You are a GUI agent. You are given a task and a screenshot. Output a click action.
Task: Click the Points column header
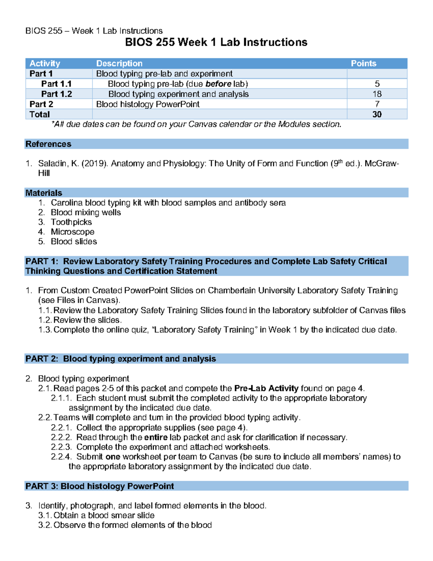(363, 64)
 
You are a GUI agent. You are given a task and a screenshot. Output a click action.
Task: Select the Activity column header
(45, 64)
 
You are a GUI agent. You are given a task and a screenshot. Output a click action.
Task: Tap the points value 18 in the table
(377, 94)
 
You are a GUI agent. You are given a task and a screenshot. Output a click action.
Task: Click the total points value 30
(377, 115)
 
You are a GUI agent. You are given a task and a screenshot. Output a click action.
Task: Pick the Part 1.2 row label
(57, 94)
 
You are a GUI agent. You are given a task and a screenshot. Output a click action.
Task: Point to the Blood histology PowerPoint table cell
(148, 104)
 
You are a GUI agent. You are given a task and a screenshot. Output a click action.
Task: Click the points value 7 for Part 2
(377, 104)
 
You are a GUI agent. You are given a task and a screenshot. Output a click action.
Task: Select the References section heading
(48, 144)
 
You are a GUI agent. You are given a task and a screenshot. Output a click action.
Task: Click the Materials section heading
(44, 193)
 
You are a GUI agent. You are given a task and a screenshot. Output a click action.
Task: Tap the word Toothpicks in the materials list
(71, 222)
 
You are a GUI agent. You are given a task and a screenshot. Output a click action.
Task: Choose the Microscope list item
(73, 232)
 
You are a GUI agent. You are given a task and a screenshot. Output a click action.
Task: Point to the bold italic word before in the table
(218, 84)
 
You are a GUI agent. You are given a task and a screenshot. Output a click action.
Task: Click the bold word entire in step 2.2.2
(156, 437)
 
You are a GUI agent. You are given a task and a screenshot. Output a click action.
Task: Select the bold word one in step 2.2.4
(113, 457)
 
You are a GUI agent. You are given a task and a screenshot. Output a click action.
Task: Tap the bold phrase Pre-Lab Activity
(266, 389)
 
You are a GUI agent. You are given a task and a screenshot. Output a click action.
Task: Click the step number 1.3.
(45, 330)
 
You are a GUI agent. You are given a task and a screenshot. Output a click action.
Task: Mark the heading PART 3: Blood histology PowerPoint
(100, 486)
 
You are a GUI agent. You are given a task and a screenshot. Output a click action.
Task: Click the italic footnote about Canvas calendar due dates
(196, 124)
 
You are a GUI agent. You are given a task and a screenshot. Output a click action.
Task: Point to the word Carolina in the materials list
(67, 203)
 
